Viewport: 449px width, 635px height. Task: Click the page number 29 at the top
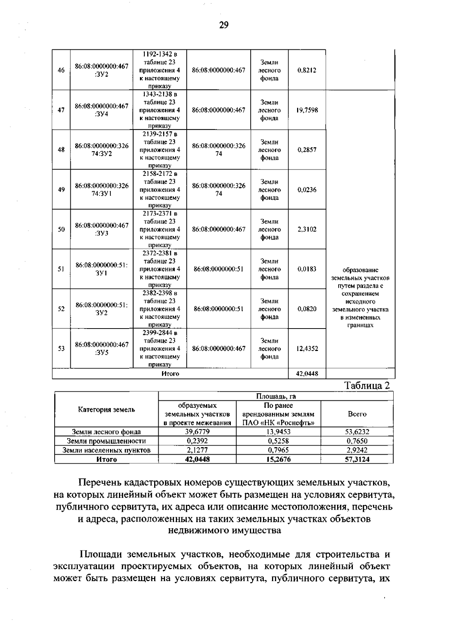[x=223, y=25]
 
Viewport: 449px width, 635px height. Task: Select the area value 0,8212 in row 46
[x=307, y=70]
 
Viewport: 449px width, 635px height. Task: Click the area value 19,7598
[x=307, y=110]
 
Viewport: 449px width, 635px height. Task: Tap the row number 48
[x=61, y=150]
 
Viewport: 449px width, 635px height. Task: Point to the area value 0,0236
[x=307, y=190]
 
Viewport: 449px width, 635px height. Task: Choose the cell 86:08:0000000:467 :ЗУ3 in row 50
[x=102, y=229]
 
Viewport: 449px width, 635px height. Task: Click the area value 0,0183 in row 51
[x=307, y=269]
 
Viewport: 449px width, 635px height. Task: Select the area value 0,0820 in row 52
[x=307, y=309]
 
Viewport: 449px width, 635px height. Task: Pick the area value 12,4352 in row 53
[x=307, y=349]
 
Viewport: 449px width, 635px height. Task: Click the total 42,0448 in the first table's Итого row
[x=307, y=373]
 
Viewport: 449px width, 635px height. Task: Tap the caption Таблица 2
[x=367, y=386]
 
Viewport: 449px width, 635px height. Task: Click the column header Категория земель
[x=106, y=410]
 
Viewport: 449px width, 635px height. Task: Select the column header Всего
[x=357, y=414]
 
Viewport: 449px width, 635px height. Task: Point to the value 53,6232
[x=357, y=432]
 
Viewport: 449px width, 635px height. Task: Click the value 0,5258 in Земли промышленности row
[x=278, y=441]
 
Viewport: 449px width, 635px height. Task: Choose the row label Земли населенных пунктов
[x=106, y=450]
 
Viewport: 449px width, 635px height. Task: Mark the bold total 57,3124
[x=357, y=459]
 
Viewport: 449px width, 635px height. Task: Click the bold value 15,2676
[x=278, y=459]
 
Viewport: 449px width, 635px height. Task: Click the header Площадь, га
[x=276, y=396]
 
